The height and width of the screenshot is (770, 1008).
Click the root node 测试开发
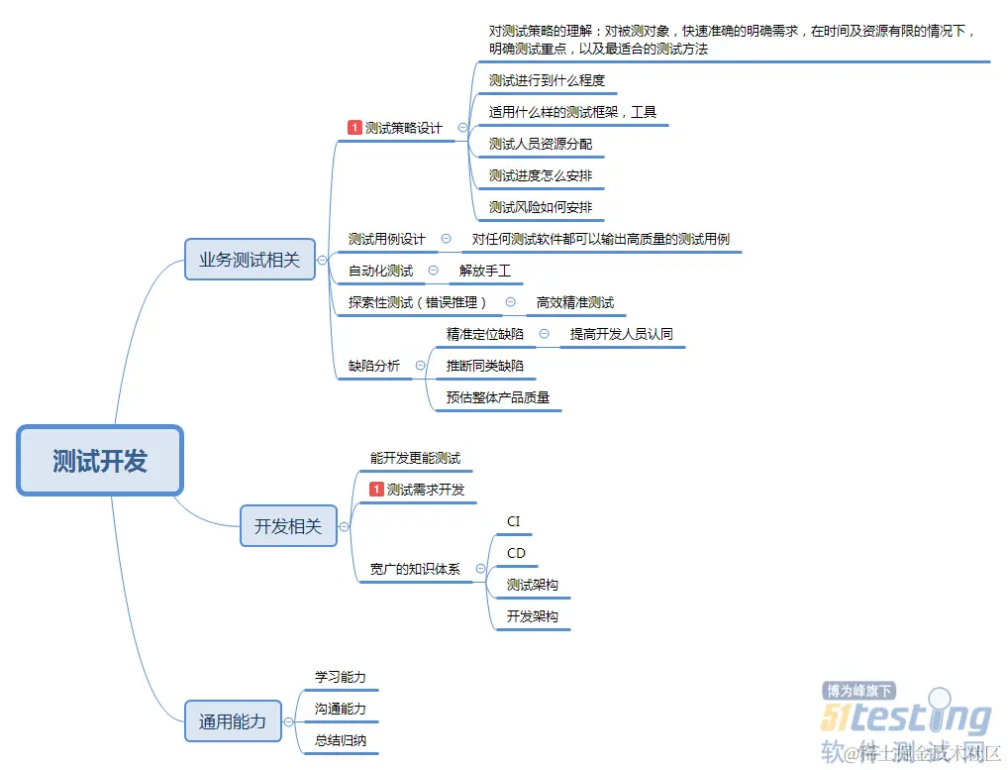100,461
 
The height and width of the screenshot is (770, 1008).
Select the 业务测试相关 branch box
250,260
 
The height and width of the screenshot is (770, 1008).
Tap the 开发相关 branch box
288,526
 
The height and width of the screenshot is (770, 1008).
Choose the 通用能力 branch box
233,721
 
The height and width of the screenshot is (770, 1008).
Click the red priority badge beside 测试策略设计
354,128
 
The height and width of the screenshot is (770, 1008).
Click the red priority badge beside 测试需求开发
376,490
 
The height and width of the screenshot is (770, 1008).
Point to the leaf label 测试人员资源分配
541,144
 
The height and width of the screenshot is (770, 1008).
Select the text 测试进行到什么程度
547,80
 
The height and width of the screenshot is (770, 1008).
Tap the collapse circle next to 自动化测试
434,271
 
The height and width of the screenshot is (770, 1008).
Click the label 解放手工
485,271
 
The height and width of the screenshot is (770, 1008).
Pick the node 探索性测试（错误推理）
419,302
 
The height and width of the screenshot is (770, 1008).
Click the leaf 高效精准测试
574,302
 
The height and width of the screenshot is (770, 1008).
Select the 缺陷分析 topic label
374,366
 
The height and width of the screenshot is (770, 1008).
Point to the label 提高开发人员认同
621,334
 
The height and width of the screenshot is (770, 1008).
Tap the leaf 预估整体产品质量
497,397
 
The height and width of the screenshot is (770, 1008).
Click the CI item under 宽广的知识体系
513,521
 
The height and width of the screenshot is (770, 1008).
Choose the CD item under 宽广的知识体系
516,553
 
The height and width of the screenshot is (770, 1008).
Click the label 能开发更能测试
415,458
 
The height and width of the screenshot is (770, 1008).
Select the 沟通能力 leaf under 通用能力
340,709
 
